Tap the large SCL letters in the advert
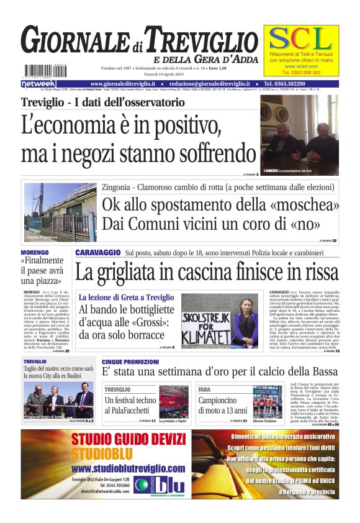[x=300, y=40]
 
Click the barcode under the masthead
[x=40, y=71]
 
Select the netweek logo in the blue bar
[x=38, y=83]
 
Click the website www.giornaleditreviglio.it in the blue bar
[x=126, y=83]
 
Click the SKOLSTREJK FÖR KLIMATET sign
[x=207, y=321]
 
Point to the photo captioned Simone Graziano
[x=267, y=401]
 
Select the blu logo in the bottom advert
[x=155, y=483]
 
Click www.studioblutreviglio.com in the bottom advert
[x=128, y=468]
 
